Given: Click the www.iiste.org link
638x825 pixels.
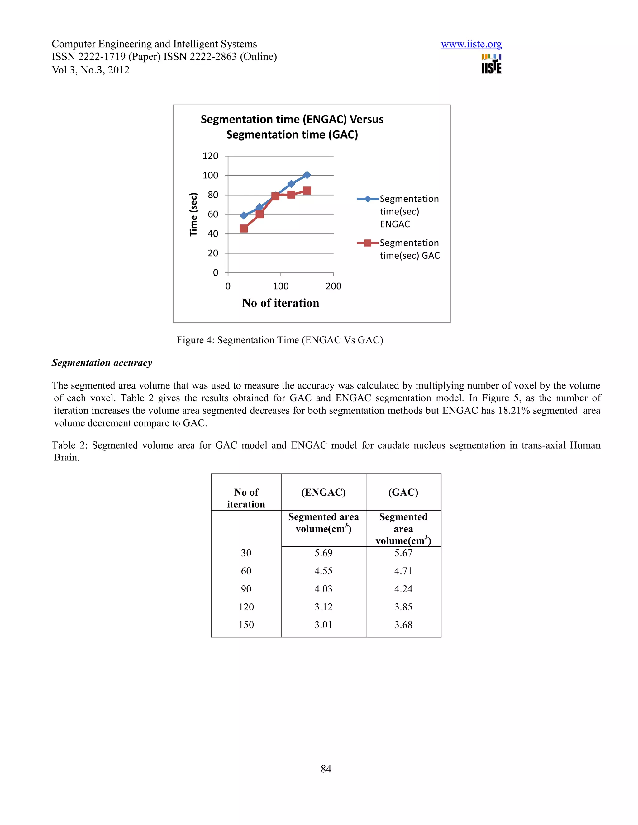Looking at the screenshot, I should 471,44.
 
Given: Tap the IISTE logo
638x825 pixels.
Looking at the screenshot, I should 491,64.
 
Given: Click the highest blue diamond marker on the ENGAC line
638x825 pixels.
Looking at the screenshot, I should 307,175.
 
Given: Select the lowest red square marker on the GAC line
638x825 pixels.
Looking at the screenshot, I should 244,229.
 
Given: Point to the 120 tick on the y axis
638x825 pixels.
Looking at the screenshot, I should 211,156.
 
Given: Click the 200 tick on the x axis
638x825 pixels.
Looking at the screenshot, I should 333,286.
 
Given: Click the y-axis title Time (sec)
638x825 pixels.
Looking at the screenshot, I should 193,214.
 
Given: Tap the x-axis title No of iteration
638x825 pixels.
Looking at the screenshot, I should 280,303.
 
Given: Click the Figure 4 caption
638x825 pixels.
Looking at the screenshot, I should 280,340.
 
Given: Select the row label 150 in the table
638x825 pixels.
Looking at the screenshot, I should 246,625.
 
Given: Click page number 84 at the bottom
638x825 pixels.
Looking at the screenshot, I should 326,769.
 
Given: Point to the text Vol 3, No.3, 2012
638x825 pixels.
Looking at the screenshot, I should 91,70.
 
